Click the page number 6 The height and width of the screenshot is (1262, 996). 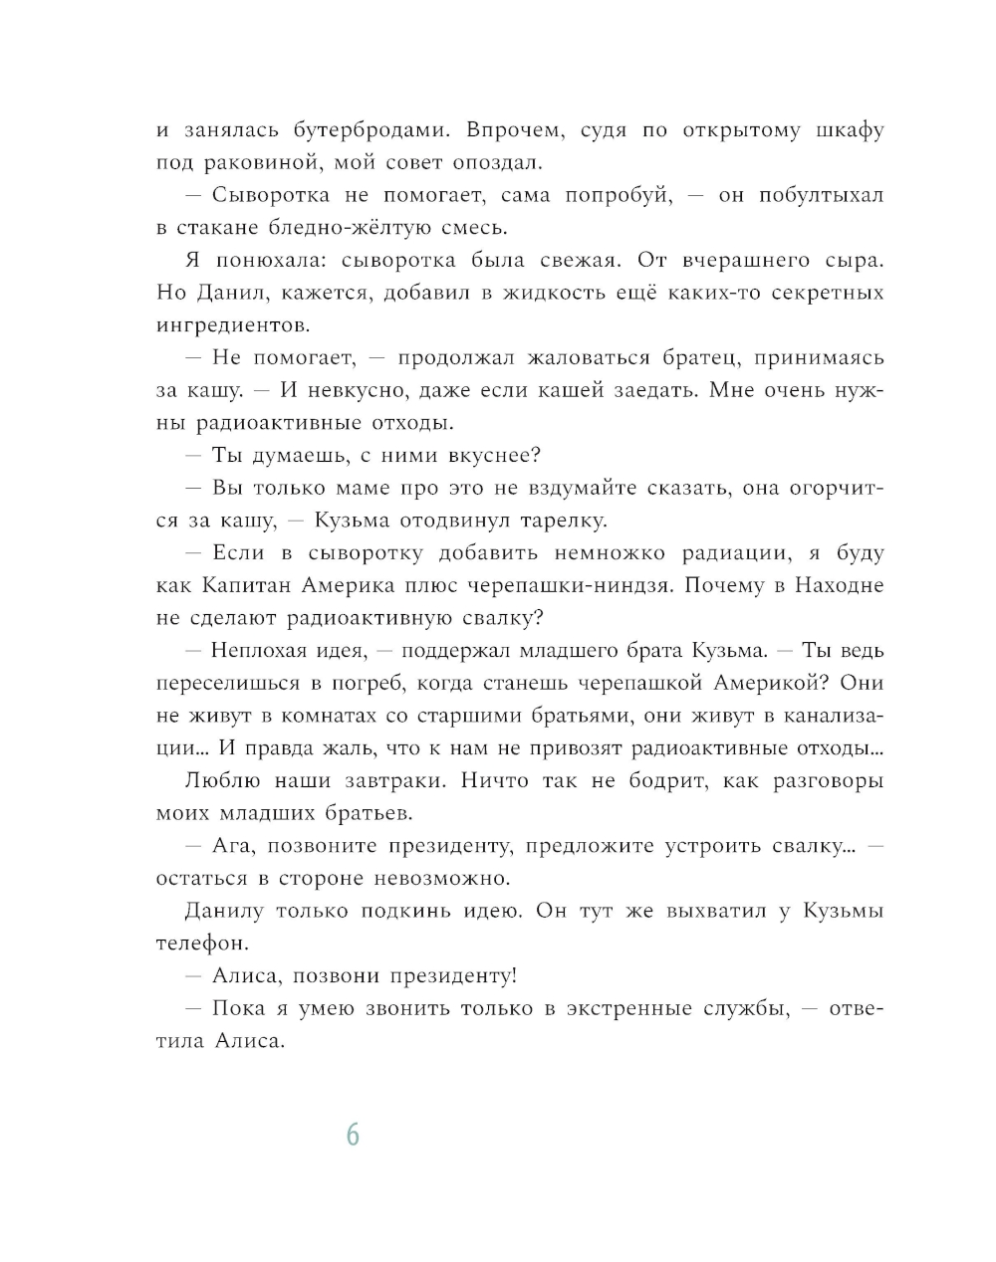353,1135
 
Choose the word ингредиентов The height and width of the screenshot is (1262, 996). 233,325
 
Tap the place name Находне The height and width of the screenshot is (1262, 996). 839,585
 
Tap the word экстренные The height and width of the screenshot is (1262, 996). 628,1008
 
